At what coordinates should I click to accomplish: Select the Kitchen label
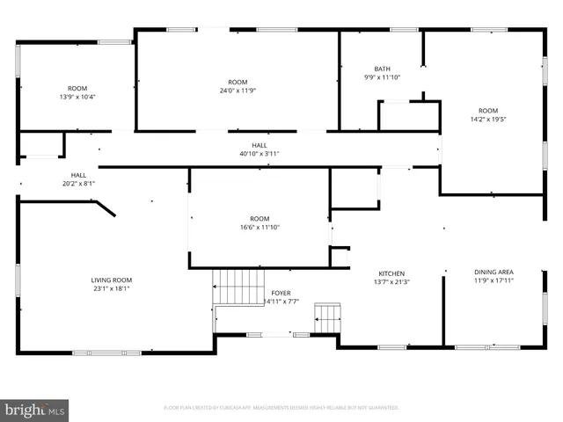(391, 273)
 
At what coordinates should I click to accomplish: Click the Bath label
(382, 69)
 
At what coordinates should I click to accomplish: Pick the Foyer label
(281, 293)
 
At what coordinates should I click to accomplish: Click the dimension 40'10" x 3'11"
(260, 154)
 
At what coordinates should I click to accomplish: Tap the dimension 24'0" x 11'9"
(238, 91)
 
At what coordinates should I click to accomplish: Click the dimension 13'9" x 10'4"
(77, 97)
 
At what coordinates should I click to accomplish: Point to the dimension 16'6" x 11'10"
(260, 228)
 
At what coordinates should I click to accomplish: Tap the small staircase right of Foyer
(328, 317)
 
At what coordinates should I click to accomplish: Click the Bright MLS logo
(35, 410)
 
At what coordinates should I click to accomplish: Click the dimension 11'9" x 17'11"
(493, 281)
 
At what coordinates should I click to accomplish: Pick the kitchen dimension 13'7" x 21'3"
(391, 282)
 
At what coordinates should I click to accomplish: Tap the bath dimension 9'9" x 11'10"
(382, 77)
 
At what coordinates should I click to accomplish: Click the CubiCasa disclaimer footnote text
(281, 408)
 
